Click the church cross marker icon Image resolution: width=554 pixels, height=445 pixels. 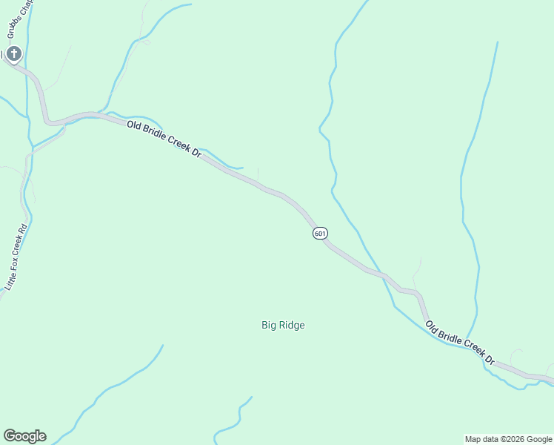14,53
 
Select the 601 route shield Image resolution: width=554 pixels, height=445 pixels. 319,233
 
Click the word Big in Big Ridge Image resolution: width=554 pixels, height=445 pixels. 269,325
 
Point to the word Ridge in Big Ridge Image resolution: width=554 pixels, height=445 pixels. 292,325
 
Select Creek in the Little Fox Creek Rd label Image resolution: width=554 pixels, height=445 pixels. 24,243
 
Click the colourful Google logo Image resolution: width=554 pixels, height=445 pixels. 24,436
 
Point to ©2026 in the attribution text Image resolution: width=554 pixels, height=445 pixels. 515,439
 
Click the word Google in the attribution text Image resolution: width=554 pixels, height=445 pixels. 540,439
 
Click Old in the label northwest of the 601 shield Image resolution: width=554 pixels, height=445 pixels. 134,125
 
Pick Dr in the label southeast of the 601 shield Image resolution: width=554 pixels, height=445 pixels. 489,358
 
